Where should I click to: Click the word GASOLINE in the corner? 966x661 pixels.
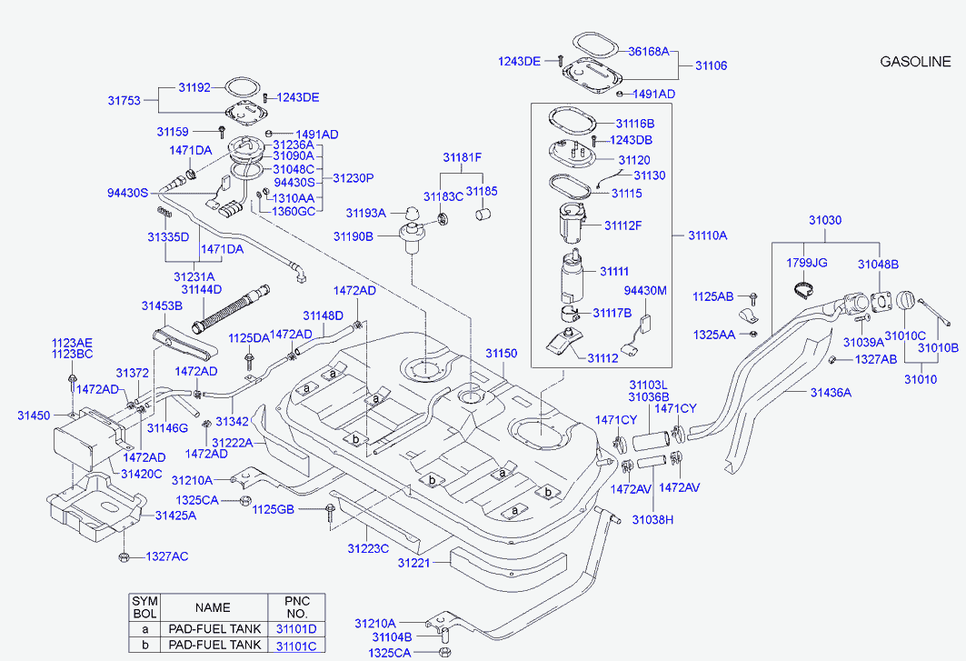coord(915,62)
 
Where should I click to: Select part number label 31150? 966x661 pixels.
coord(500,353)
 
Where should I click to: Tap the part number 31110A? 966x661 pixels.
coord(707,235)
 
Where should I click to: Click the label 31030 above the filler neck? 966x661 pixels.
coord(825,220)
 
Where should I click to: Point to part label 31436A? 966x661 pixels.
coord(831,393)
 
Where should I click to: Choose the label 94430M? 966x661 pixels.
coord(645,291)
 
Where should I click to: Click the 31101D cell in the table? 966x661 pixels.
coord(296,629)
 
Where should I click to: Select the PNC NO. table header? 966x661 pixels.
coord(296,606)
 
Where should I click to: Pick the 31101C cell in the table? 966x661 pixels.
coord(296,646)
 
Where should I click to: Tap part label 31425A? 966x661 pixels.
coord(175,516)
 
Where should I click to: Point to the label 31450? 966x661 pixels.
coord(34,416)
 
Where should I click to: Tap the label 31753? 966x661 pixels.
coord(124,101)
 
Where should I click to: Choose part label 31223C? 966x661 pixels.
coord(367,548)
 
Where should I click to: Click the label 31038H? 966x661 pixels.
coord(654,520)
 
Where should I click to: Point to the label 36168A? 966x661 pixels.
coord(648,53)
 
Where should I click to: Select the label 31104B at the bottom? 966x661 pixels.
coord(394,637)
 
